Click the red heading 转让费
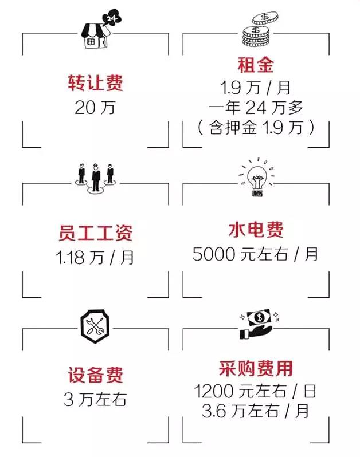[95, 84]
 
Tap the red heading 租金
[256, 65]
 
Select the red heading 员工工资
[95, 233]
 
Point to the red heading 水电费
[256, 230]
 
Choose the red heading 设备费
[95, 375]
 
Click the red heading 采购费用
[256, 368]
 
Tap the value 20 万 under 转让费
[95, 108]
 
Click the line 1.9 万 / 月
[256, 88]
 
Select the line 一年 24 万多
[256, 108]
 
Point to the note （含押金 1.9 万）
[256, 127]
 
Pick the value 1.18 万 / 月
[95, 258]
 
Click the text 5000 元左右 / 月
[255, 254]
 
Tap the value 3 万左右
[95, 399]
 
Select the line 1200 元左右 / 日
[255, 391]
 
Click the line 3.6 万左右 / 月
[255, 411]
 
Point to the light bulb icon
[257, 177]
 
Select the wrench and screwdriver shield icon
[95, 326]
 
